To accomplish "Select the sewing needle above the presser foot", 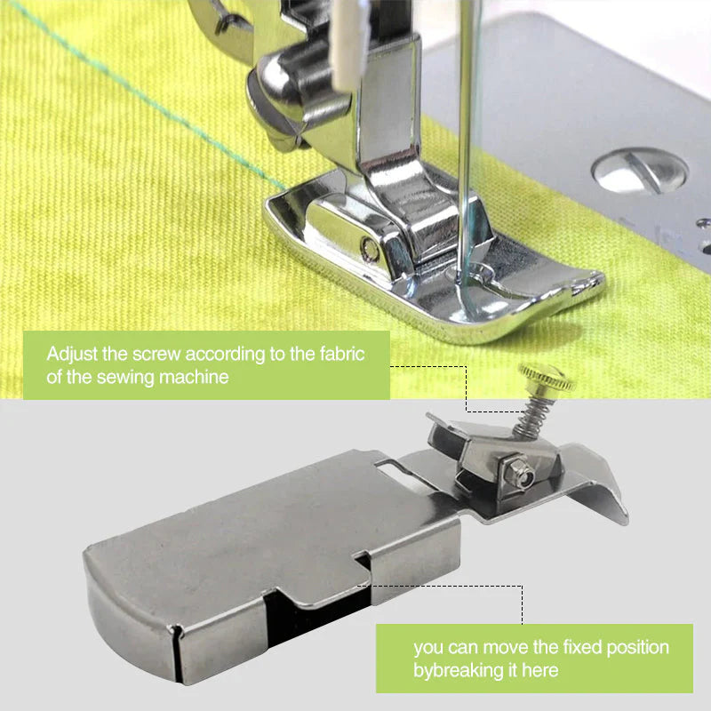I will point(465,133).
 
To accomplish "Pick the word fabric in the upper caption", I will point(341,353).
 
